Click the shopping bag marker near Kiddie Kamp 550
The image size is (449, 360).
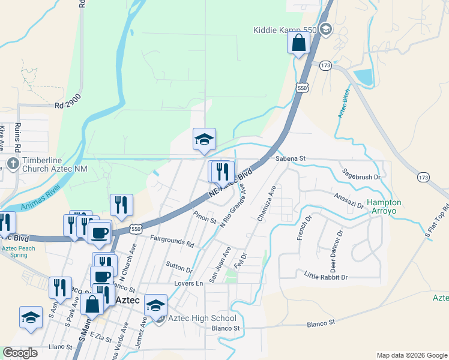pyautogui.click(x=298, y=43)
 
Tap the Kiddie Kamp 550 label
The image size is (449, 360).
pyautogui.click(x=285, y=29)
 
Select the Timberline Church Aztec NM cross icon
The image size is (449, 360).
pyautogui.click(x=13, y=163)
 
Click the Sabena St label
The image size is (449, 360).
pyautogui.click(x=291, y=158)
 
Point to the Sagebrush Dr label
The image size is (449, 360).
pyautogui.click(x=361, y=177)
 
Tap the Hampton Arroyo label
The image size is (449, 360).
pyautogui.click(x=384, y=207)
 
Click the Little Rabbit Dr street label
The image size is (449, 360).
pyautogui.click(x=326, y=277)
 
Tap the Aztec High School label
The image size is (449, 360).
pyautogui.click(x=202, y=318)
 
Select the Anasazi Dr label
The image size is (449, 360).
pyautogui.click(x=348, y=200)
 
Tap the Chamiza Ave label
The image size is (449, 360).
pyautogui.click(x=267, y=204)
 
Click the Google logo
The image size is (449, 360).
pyautogui.click(x=20, y=353)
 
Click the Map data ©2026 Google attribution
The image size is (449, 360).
pyautogui.click(x=412, y=355)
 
